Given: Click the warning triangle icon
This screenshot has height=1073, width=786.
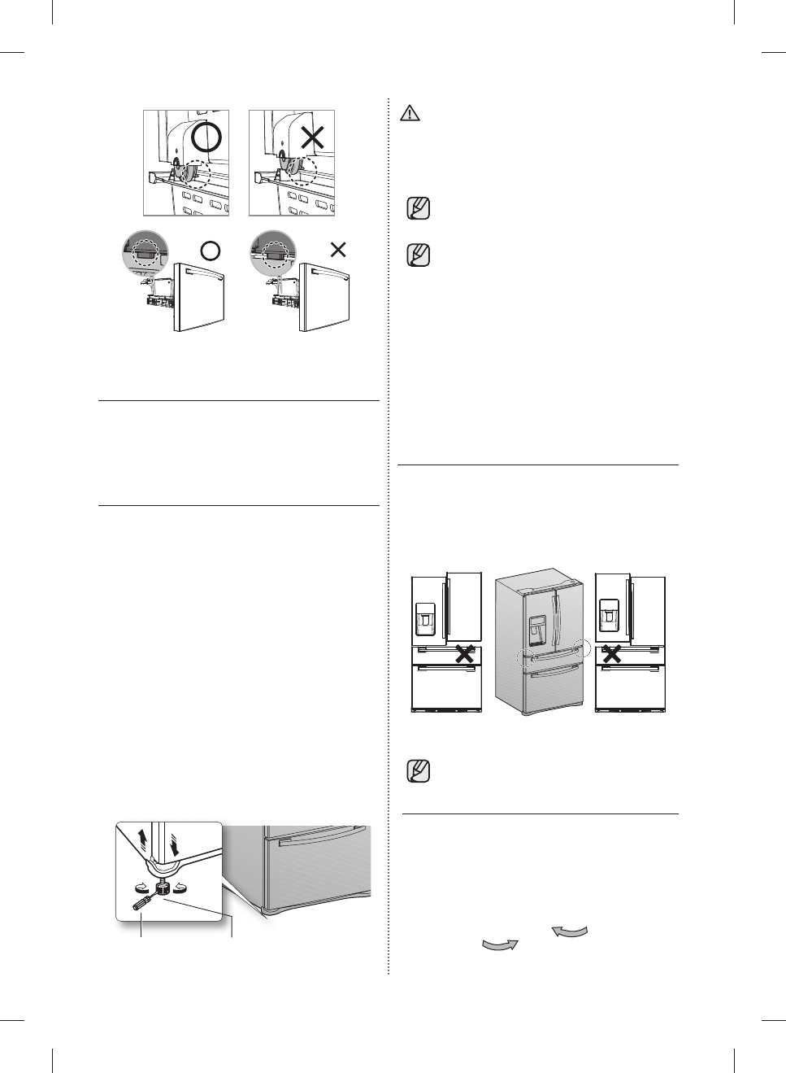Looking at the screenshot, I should [410, 114].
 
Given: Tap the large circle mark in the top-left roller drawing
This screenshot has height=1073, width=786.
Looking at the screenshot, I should [206, 137].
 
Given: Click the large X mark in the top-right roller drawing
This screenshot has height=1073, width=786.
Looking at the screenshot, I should [312, 137].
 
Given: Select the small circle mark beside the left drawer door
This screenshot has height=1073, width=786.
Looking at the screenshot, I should [210, 251].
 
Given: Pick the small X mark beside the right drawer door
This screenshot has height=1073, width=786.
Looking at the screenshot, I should [338, 250].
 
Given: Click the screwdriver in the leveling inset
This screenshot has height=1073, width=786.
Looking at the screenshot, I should [143, 900].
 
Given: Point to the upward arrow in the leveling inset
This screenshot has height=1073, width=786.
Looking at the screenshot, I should [143, 838].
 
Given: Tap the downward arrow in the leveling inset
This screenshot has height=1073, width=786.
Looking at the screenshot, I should [173, 847].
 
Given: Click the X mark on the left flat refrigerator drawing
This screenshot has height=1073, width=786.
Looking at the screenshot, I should [464, 653].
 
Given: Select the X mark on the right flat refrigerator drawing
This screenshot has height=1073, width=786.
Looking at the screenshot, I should [612, 653].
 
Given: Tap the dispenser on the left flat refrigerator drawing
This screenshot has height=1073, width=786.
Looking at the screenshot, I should [426, 619].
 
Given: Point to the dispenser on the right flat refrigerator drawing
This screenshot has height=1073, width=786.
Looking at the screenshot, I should [608, 616].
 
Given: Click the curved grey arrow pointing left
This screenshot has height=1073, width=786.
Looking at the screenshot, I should [569, 931].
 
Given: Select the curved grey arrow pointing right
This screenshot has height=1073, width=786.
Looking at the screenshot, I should [500, 944].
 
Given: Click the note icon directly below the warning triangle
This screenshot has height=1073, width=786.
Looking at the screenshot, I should [418, 208].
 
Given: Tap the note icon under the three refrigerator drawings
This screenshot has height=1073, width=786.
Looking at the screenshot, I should [418, 770].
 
